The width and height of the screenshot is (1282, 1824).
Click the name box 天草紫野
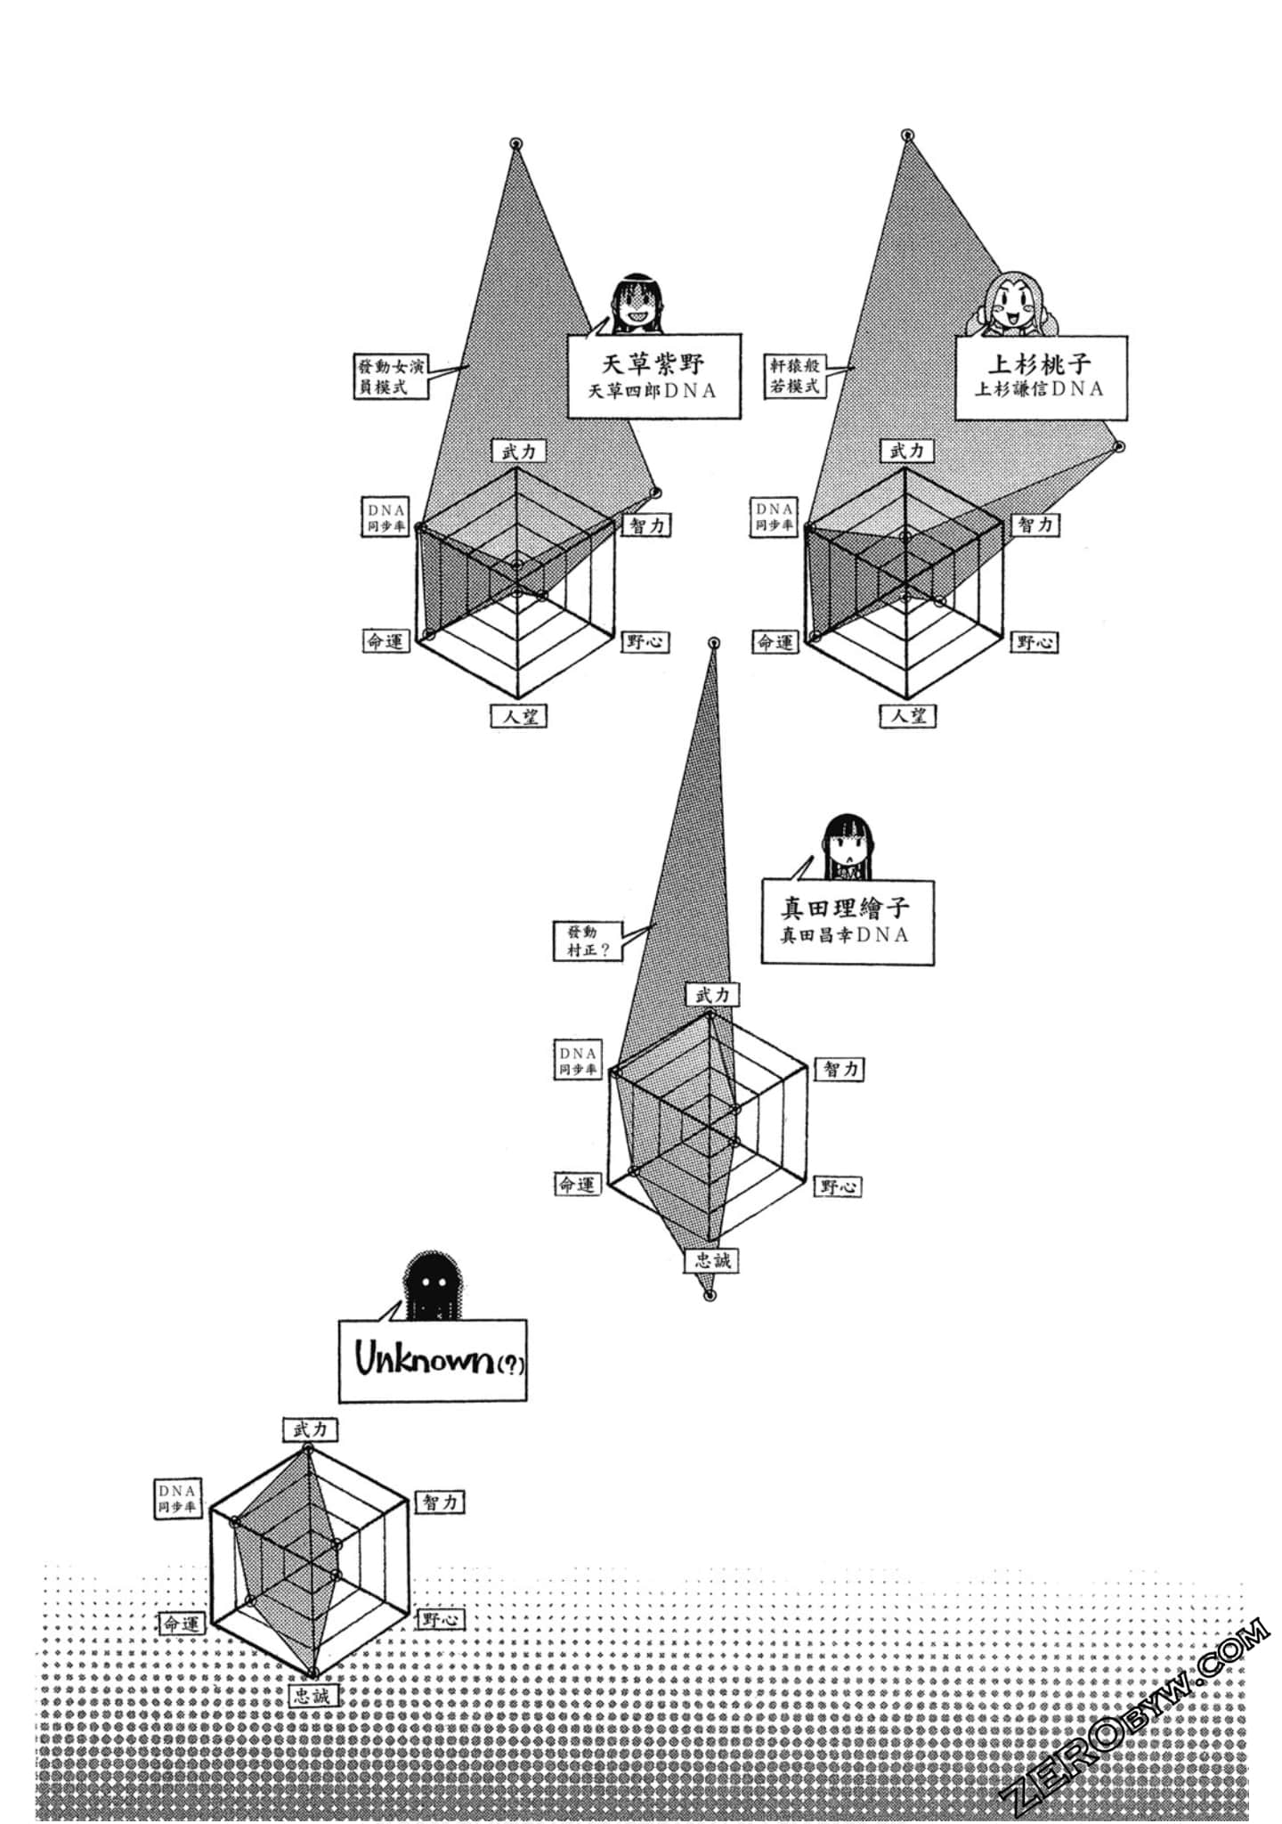[x=653, y=376]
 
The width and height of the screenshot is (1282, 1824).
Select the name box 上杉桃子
[x=1041, y=376]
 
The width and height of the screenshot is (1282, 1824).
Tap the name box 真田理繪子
[x=847, y=921]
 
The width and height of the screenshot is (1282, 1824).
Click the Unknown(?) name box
[x=433, y=1360]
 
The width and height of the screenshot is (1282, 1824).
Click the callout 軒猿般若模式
[x=795, y=376]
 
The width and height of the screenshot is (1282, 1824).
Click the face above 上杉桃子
[x=1012, y=305]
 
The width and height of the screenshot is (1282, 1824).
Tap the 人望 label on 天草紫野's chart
[x=518, y=715]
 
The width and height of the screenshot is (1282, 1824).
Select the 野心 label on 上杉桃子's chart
[x=1034, y=641]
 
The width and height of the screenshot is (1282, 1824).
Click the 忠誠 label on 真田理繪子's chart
[x=712, y=1260]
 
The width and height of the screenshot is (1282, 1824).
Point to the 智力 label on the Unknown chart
[x=440, y=1502]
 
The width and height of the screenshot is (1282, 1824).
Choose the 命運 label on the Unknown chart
[x=182, y=1624]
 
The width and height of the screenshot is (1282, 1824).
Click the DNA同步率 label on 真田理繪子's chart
[x=578, y=1060]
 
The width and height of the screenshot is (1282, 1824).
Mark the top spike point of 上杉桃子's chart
[x=907, y=135]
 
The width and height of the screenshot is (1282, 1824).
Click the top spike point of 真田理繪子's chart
[x=713, y=643]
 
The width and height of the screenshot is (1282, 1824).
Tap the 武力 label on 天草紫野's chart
[x=518, y=452]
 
